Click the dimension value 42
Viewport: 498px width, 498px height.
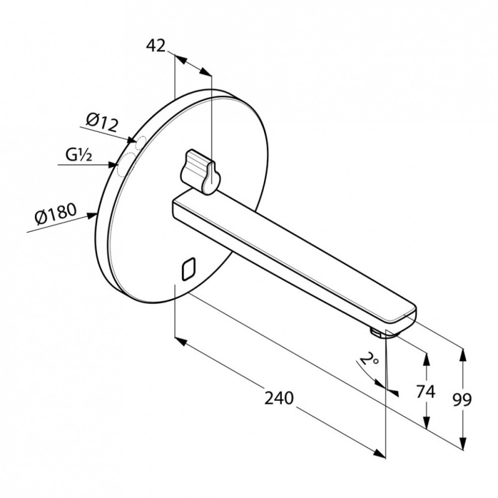[156, 46]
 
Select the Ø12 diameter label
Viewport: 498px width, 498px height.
[102, 123]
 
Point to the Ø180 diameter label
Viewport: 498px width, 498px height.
[55, 214]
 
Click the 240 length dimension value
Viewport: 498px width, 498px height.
[279, 398]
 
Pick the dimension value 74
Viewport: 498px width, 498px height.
[425, 392]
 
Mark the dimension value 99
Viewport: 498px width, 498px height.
[463, 400]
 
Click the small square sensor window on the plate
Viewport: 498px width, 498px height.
[189, 269]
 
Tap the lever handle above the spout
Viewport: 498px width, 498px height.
[200, 172]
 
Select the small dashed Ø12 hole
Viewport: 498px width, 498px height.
[141, 143]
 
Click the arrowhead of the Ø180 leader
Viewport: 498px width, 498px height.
[92, 215]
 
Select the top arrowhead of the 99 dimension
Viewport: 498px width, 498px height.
[463, 355]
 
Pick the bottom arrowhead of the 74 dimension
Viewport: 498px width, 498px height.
[427, 423]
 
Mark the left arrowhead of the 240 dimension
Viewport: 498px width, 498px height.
[181, 342]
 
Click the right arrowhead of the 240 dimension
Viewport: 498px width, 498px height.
[380, 454]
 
